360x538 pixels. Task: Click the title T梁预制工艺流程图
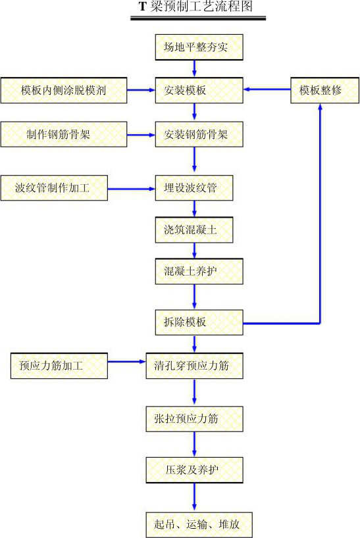coord(196,7)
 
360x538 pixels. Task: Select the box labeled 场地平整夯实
coord(199,47)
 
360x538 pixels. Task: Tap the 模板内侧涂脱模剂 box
coord(64,90)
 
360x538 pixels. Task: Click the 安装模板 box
coord(199,90)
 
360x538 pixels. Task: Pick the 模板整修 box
coord(324,90)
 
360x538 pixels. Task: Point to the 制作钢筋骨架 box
coord(64,134)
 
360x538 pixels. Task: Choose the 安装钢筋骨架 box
coord(199,134)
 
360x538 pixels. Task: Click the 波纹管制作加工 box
coord(54,188)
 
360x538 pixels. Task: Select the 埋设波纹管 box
coord(194,188)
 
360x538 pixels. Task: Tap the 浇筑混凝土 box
coord(194,230)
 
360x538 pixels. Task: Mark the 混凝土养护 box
coord(199,272)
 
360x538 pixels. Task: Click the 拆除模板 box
coord(199,322)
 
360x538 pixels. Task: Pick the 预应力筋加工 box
coord(59,366)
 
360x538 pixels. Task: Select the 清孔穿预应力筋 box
coord(195,366)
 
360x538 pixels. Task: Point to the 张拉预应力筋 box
coord(195,419)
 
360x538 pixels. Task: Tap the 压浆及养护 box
coord(195,470)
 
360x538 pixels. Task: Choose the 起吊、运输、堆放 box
coord(199,525)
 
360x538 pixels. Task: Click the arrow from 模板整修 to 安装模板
coord(267,89)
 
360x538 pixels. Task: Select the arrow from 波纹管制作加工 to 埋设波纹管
coord(132,189)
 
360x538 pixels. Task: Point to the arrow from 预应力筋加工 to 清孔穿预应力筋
coord(127,361)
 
